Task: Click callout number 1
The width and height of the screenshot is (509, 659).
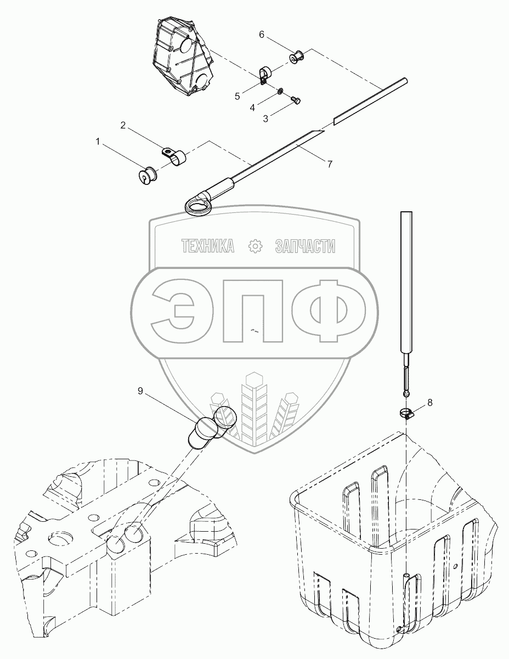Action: coord(98,142)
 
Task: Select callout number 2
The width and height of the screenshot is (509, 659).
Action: coord(123,126)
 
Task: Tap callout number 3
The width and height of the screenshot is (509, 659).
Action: coord(265,119)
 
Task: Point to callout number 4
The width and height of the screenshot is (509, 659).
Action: coord(252,108)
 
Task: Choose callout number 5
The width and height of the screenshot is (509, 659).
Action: coord(237,96)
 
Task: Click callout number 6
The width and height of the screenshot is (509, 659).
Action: coord(262,35)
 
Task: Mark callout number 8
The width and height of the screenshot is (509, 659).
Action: coord(429,402)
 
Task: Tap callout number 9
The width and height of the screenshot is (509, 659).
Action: coord(140,391)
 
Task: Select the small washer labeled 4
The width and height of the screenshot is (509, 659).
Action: coord(280,91)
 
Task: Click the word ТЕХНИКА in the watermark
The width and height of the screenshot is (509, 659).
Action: coord(207,247)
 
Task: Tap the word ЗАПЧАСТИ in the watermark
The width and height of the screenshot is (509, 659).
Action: coord(304,247)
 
